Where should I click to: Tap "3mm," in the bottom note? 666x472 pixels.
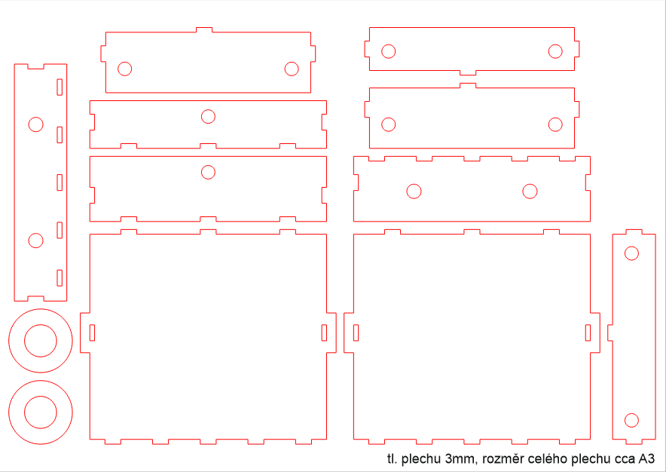pos(461,458)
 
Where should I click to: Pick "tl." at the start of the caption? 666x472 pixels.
pos(392,458)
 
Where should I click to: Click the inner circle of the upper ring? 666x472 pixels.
pos(41,341)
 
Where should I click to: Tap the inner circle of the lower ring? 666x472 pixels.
pos(41,412)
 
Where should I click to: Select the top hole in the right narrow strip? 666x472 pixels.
pos(631,253)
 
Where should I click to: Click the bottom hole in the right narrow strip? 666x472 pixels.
pos(631,419)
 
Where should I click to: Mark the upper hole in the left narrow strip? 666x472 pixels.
pos(35,124)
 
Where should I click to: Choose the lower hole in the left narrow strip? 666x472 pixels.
pos(35,241)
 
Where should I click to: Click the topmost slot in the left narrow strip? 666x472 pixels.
pos(59,87)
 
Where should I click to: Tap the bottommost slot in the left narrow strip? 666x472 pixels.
pos(59,278)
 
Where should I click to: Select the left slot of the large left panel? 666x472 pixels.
pos(93,332)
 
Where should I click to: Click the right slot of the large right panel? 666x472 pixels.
pos(588,332)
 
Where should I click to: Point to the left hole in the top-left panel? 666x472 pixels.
pos(125,69)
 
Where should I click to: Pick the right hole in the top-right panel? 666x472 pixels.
pos(555,51)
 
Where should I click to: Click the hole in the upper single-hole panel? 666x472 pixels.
pos(208,116)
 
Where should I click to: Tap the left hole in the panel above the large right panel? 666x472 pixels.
pos(414,191)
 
